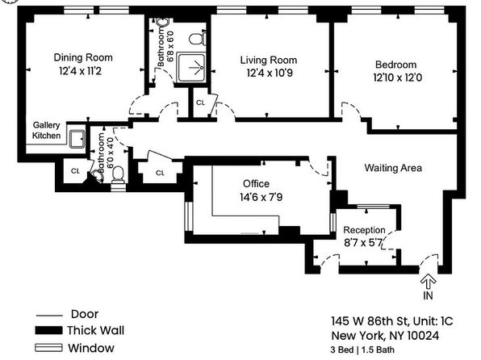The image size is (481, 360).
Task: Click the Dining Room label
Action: coord(83,57)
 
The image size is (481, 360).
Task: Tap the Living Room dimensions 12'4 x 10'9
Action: coord(270,73)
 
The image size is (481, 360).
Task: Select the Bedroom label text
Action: coord(395,65)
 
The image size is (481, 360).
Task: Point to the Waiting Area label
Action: coord(393,168)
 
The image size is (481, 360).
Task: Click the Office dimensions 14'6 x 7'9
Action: coord(261,197)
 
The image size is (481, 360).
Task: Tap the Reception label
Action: coord(364,230)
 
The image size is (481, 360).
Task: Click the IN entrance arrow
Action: coord(429,282)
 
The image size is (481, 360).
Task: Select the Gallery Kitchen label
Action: coord(46,130)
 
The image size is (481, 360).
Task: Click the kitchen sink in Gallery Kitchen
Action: coord(77,139)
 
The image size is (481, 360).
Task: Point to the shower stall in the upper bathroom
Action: coord(192,68)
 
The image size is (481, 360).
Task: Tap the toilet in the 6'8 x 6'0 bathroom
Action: coord(197,39)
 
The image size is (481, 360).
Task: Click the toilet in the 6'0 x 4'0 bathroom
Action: coord(118,174)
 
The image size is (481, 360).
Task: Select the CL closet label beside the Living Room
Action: coord(200,103)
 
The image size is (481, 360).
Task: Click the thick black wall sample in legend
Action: coord(48,330)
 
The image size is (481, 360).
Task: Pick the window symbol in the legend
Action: coord(48,348)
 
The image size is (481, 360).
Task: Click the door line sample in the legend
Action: coord(49,316)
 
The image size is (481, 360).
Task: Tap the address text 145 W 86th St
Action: coord(370,321)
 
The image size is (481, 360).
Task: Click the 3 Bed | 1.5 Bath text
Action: coord(362,350)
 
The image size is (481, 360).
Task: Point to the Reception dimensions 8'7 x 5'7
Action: coord(363,243)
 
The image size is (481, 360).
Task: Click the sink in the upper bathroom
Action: coord(162,22)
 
